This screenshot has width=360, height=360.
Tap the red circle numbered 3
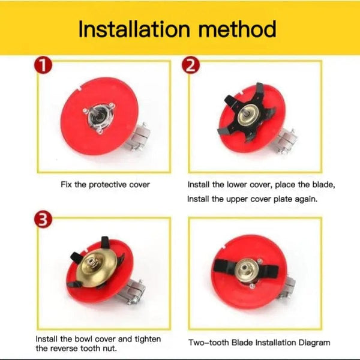click(x=40, y=220)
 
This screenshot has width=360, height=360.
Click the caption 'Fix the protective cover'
click(x=105, y=185)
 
